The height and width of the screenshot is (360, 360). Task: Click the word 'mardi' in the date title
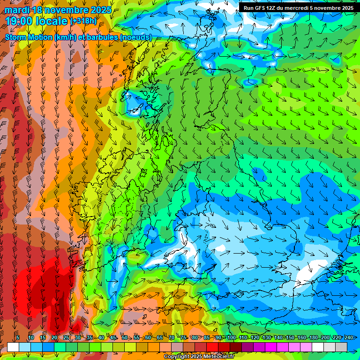click(15, 10)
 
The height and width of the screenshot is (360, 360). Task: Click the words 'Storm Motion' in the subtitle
click(29, 37)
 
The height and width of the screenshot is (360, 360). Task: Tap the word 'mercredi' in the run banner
click(299, 8)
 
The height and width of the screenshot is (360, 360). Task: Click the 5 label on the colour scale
click(18, 337)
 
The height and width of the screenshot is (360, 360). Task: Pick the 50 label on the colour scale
click(124, 337)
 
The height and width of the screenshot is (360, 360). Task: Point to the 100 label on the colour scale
click(231, 337)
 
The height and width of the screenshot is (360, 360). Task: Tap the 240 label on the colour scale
click(349, 337)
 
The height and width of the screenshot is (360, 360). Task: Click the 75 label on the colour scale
click(183, 337)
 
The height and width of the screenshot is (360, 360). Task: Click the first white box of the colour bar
click(13, 347)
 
